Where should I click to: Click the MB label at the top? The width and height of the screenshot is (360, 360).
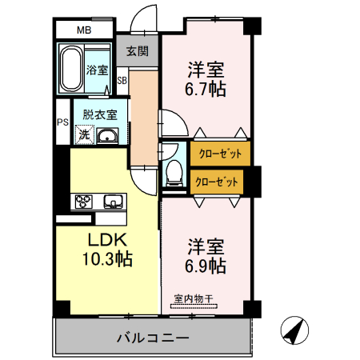point(84,30)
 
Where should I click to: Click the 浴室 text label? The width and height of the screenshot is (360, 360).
point(98,70)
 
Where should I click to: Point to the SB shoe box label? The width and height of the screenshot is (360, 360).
point(122,80)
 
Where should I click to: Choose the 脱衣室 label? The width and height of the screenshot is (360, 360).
point(100,114)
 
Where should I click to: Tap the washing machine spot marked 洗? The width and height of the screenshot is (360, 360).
point(84,135)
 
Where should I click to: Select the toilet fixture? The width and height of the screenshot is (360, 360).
point(173,171)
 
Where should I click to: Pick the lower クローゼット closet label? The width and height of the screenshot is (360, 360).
point(218,182)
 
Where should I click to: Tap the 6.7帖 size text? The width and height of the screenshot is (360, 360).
point(206,89)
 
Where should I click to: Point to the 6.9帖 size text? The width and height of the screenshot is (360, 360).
point(206,265)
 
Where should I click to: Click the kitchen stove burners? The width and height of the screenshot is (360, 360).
point(85,201)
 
